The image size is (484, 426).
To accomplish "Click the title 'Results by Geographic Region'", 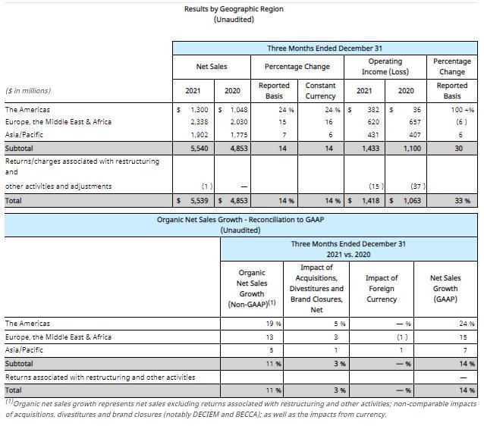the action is [x=234, y=9].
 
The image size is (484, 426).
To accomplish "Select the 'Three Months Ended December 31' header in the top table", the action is [x=325, y=49].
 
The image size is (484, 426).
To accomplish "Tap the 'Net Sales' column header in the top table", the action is [x=212, y=67].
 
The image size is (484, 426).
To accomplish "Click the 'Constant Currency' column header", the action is [x=320, y=91].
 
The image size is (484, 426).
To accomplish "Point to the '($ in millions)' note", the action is [x=28, y=91].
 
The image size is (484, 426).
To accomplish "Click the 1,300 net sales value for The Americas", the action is [x=200, y=110].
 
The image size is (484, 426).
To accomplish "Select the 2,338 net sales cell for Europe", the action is [x=200, y=122].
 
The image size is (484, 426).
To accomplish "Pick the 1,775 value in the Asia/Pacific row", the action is [x=239, y=135].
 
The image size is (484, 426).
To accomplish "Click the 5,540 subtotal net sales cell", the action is [x=200, y=149].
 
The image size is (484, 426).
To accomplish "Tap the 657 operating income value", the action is [x=415, y=122].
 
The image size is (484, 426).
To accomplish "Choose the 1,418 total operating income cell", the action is [x=371, y=201].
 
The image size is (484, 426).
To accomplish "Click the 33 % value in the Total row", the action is [x=463, y=201].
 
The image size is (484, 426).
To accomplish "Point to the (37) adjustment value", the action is [x=418, y=186].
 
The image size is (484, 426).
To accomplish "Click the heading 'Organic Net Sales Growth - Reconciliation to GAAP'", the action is [x=240, y=220].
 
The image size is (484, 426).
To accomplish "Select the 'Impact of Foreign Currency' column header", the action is [x=382, y=289].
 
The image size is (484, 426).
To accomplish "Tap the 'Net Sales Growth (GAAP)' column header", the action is [x=445, y=289].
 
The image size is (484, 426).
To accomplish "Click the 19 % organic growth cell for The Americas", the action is [x=274, y=324].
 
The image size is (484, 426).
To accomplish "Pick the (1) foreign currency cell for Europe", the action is [x=402, y=337].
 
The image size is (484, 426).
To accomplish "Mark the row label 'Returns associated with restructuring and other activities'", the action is [x=100, y=377].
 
